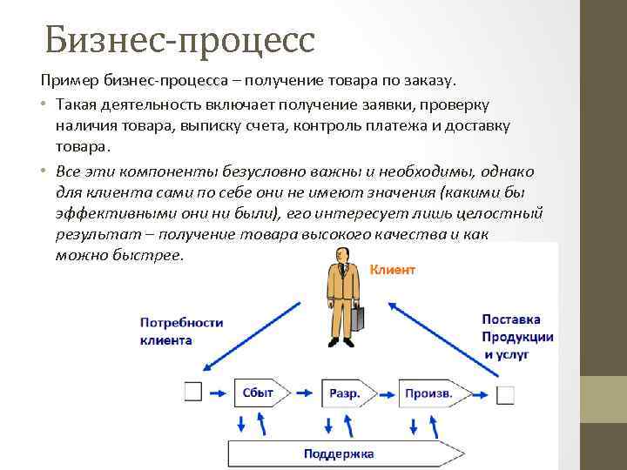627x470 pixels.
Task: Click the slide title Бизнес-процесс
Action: (x=179, y=39)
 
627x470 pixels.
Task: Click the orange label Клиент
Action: (x=393, y=270)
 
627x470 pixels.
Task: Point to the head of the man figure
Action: (x=341, y=253)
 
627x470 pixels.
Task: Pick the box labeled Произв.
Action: (x=428, y=393)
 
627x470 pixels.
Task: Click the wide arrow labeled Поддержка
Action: (x=340, y=453)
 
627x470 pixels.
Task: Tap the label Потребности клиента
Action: (x=181, y=331)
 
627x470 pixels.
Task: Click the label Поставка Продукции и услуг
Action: (x=516, y=337)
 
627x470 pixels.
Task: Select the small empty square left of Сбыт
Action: (x=193, y=393)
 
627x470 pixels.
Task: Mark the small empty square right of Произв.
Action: (x=505, y=395)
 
